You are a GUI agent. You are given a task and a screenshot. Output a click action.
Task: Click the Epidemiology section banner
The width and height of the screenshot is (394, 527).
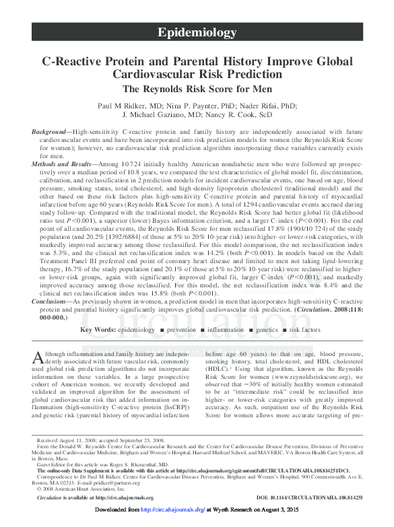pyautogui.click(x=197, y=32)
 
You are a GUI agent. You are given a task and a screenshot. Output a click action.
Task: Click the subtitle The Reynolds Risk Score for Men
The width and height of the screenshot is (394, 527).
pyautogui.click(x=197, y=89)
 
